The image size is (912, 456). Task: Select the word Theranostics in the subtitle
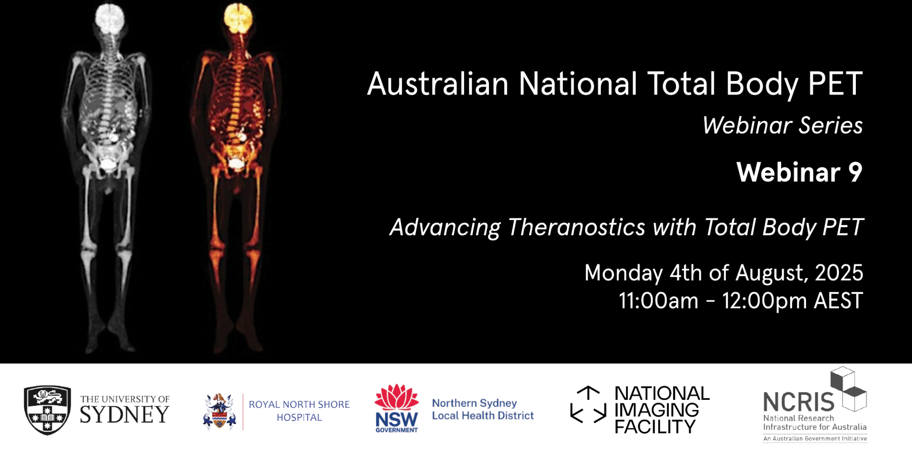coord(576,227)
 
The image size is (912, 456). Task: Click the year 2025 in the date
coord(839,273)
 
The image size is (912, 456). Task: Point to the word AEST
coord(838,301)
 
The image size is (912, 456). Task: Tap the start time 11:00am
coord(658,301)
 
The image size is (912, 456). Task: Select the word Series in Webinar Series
coord(831,125)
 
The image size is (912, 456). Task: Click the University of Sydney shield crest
coord(47,410)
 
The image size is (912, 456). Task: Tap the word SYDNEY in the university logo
coord(125,415)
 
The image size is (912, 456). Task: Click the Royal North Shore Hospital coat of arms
coord(219,411)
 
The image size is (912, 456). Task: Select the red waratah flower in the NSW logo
coord(396,397)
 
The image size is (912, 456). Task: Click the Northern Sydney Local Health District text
coord(483,409)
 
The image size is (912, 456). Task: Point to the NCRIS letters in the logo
coord(798,402)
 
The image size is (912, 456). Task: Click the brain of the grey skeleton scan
coord(110,19)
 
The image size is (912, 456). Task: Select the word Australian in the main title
coord(438,84)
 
